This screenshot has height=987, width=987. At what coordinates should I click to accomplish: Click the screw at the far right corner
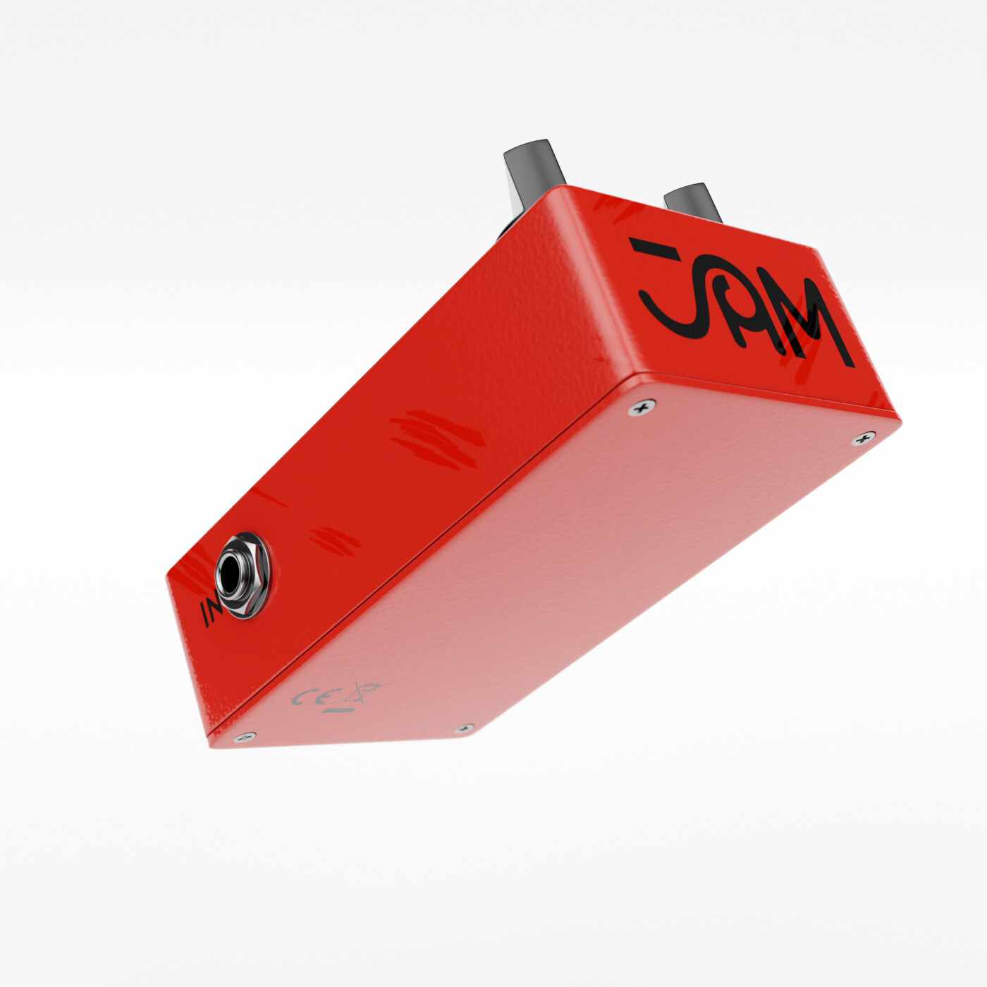pos(862,439)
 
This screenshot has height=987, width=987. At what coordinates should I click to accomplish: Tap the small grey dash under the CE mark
pos(331,713)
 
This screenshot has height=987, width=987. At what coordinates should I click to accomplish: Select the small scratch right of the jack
pos(331,539)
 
